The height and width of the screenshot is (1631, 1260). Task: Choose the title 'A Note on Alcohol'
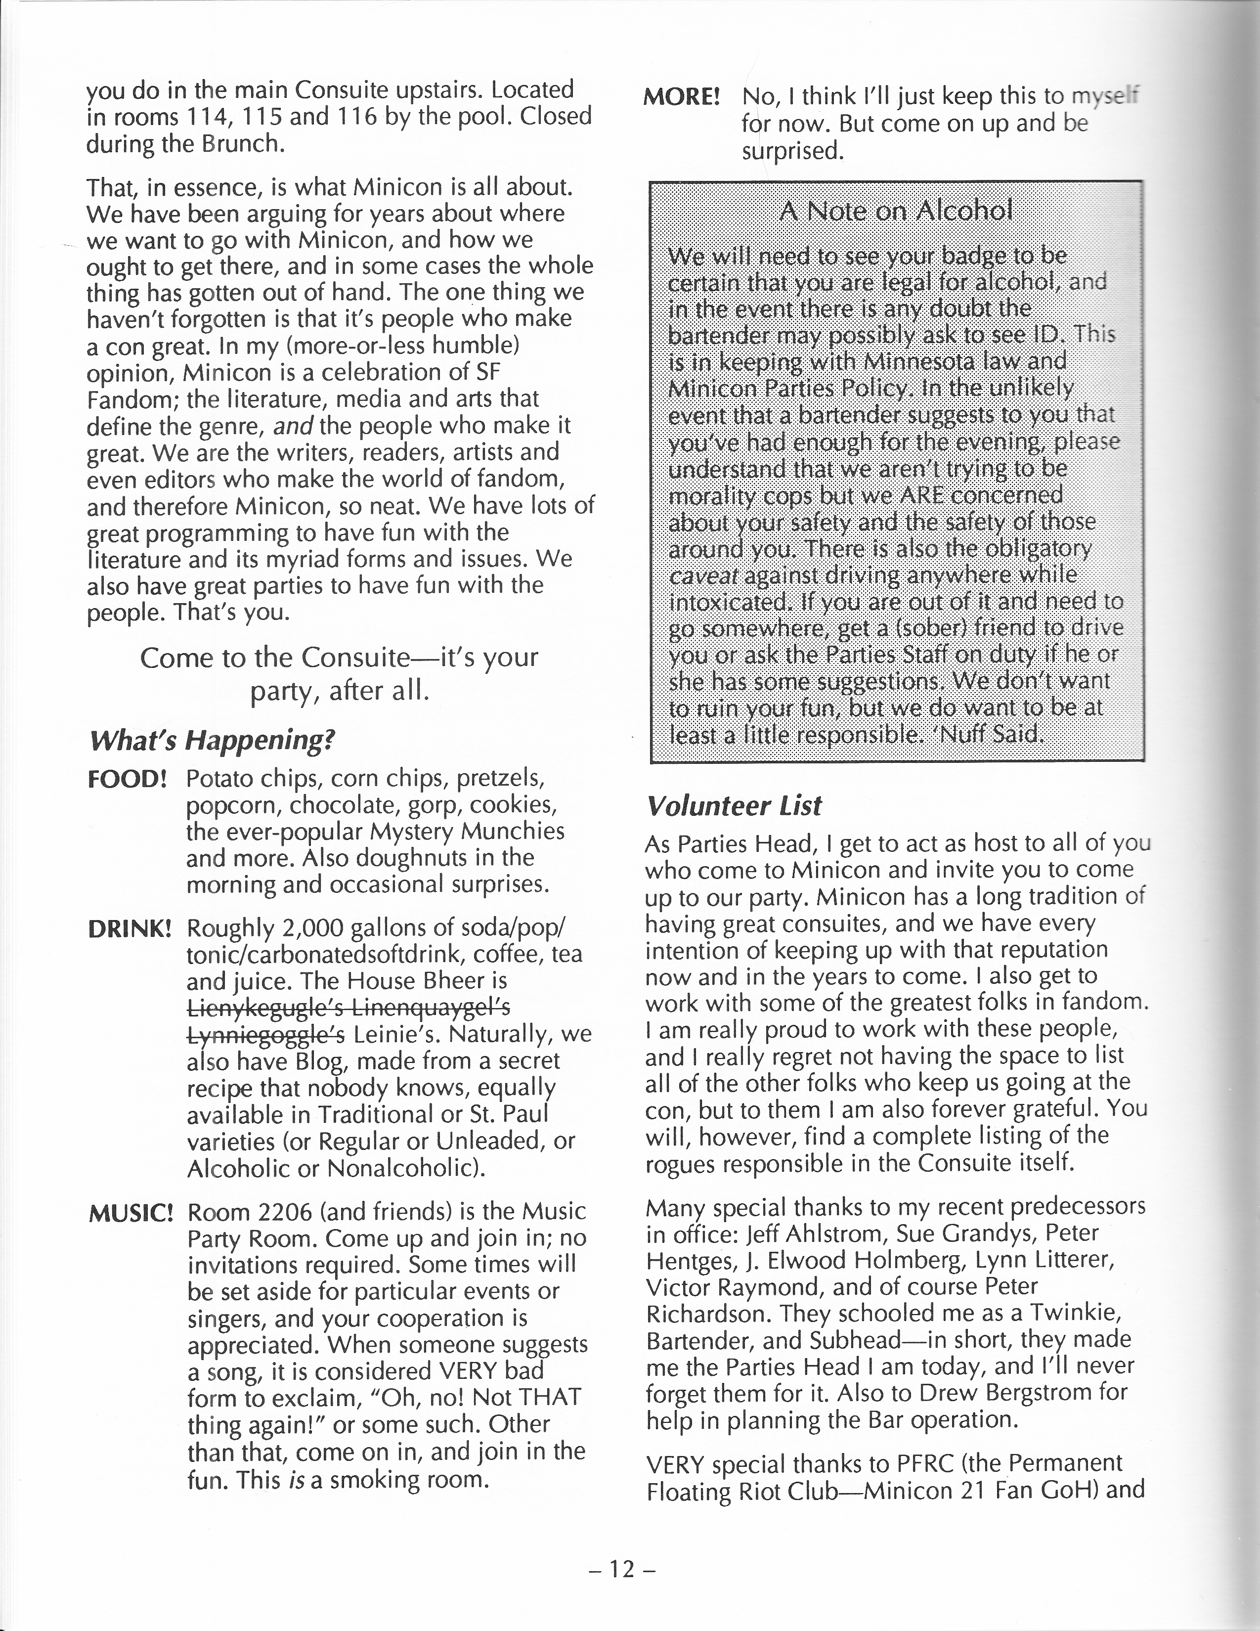tap(896, 211)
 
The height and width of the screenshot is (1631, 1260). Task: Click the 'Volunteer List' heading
tap(734, 806)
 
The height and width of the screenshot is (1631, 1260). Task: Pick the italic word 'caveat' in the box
tap(703, 575)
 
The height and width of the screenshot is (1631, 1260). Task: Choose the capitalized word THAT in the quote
tap(544, 1397)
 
